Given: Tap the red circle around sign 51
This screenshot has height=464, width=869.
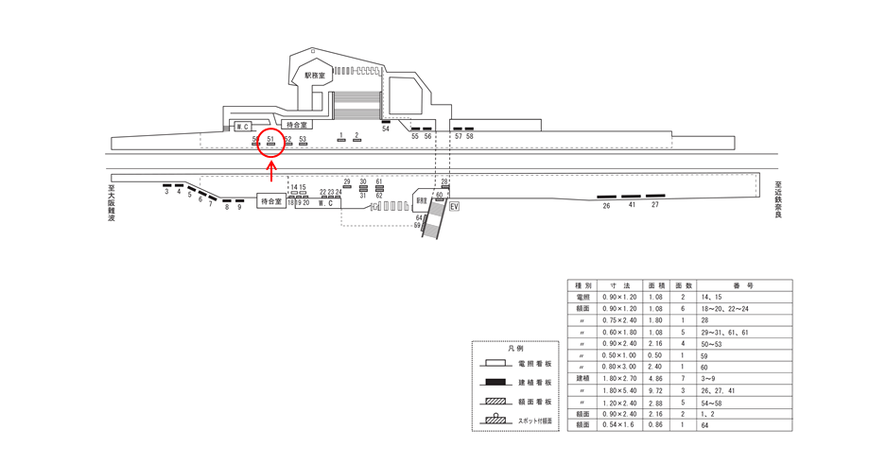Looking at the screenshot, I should pos(271,143).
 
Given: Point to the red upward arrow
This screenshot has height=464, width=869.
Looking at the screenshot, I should pos(271,171).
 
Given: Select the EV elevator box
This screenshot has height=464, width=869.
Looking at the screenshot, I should pos(454,206).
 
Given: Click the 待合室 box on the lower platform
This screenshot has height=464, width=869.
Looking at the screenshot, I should pos(270,201).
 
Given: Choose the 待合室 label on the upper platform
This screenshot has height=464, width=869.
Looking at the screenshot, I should pos(297,124).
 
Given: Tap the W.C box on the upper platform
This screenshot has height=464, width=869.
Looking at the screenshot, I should pos(241,126).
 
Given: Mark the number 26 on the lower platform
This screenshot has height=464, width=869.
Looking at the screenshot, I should pos(606,205).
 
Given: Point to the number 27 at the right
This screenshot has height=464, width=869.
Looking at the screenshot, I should pos(655,205).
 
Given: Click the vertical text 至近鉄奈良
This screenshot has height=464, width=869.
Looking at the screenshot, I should pos(777,199).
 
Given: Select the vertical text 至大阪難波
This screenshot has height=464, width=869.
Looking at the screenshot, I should pos(111,203).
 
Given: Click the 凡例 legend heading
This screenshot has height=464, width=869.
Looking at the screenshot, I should pos(515,349).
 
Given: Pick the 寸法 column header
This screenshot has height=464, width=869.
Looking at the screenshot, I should pos(621,284).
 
